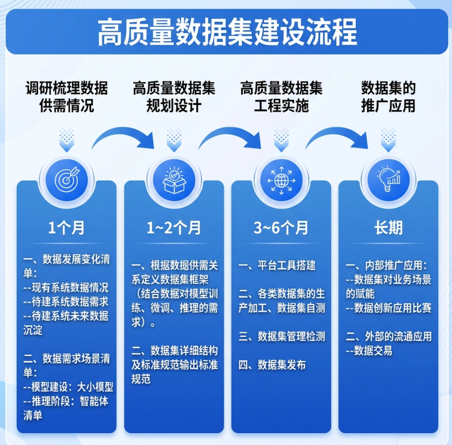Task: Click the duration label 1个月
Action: coord(66,228)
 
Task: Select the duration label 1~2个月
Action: coord(173,228)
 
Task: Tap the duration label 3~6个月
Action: coord(281,228)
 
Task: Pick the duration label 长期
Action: coord(388,228)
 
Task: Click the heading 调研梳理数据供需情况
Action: coord(66,97)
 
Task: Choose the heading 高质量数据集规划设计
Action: coord(173,97)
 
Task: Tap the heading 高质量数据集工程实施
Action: coord(281,97)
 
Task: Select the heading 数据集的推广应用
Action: coord(388,97)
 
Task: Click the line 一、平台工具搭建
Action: coord(277,266)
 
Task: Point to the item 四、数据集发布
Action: coord(272,365)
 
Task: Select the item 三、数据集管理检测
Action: coord(282,336)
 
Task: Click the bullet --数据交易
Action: coord(369,351)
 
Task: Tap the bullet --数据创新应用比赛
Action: coord(389,308)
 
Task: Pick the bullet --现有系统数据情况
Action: coord(66,288)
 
